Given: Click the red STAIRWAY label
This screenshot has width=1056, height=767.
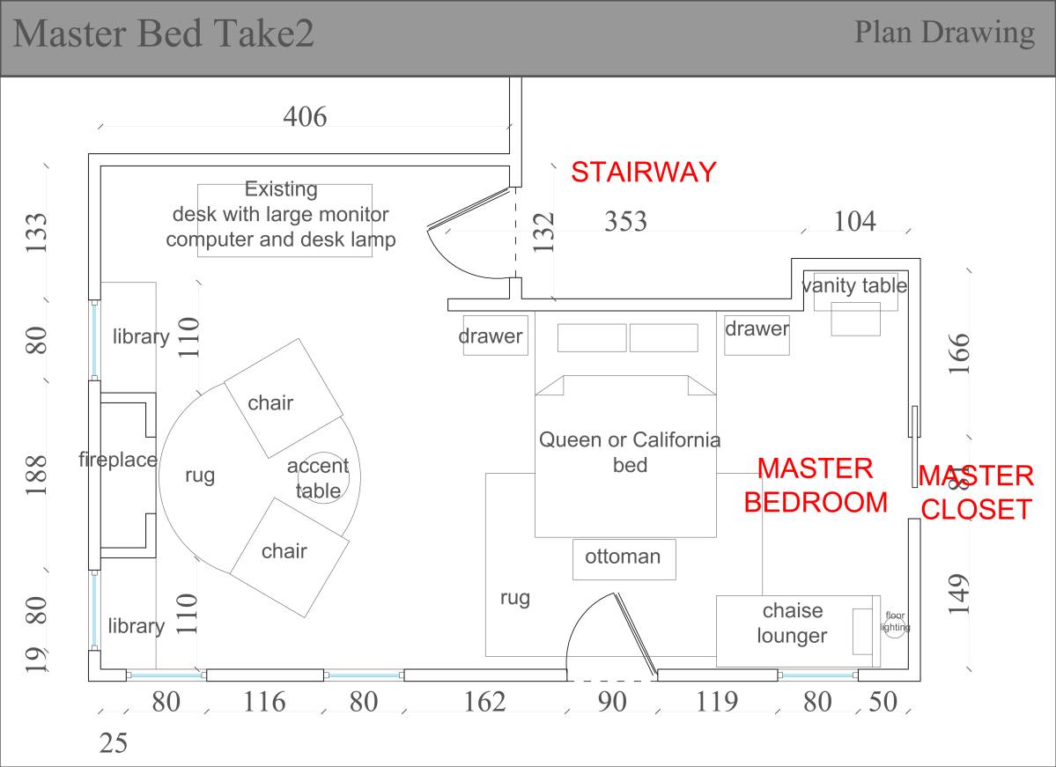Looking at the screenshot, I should [643, 172].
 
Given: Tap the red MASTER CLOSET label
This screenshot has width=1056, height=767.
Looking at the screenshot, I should [975, 492].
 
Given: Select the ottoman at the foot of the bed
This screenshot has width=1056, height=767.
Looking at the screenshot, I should [624, 558].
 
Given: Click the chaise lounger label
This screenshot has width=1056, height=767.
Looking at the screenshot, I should [792, 623].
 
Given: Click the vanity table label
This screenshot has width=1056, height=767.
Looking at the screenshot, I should [854, 285].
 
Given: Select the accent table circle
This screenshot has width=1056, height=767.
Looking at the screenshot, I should [336, 480].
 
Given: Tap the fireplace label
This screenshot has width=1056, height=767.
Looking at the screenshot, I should [117, 459].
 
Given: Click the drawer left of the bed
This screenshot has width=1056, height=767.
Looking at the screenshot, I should [495, 336].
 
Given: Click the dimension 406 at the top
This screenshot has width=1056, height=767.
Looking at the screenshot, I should [304, 116].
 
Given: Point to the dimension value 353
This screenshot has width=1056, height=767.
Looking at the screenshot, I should [625, 222].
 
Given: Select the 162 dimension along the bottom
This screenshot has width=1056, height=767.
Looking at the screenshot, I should [484, 702].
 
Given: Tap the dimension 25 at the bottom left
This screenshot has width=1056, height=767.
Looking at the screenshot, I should [113, 744].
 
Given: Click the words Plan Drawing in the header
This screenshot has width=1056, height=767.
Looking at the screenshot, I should [944, 33].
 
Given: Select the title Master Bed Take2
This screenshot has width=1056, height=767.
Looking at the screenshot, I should [164, 35].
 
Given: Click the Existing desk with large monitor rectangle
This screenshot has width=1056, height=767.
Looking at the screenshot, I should [284, 220].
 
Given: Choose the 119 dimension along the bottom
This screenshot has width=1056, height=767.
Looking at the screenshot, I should [717, 702].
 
